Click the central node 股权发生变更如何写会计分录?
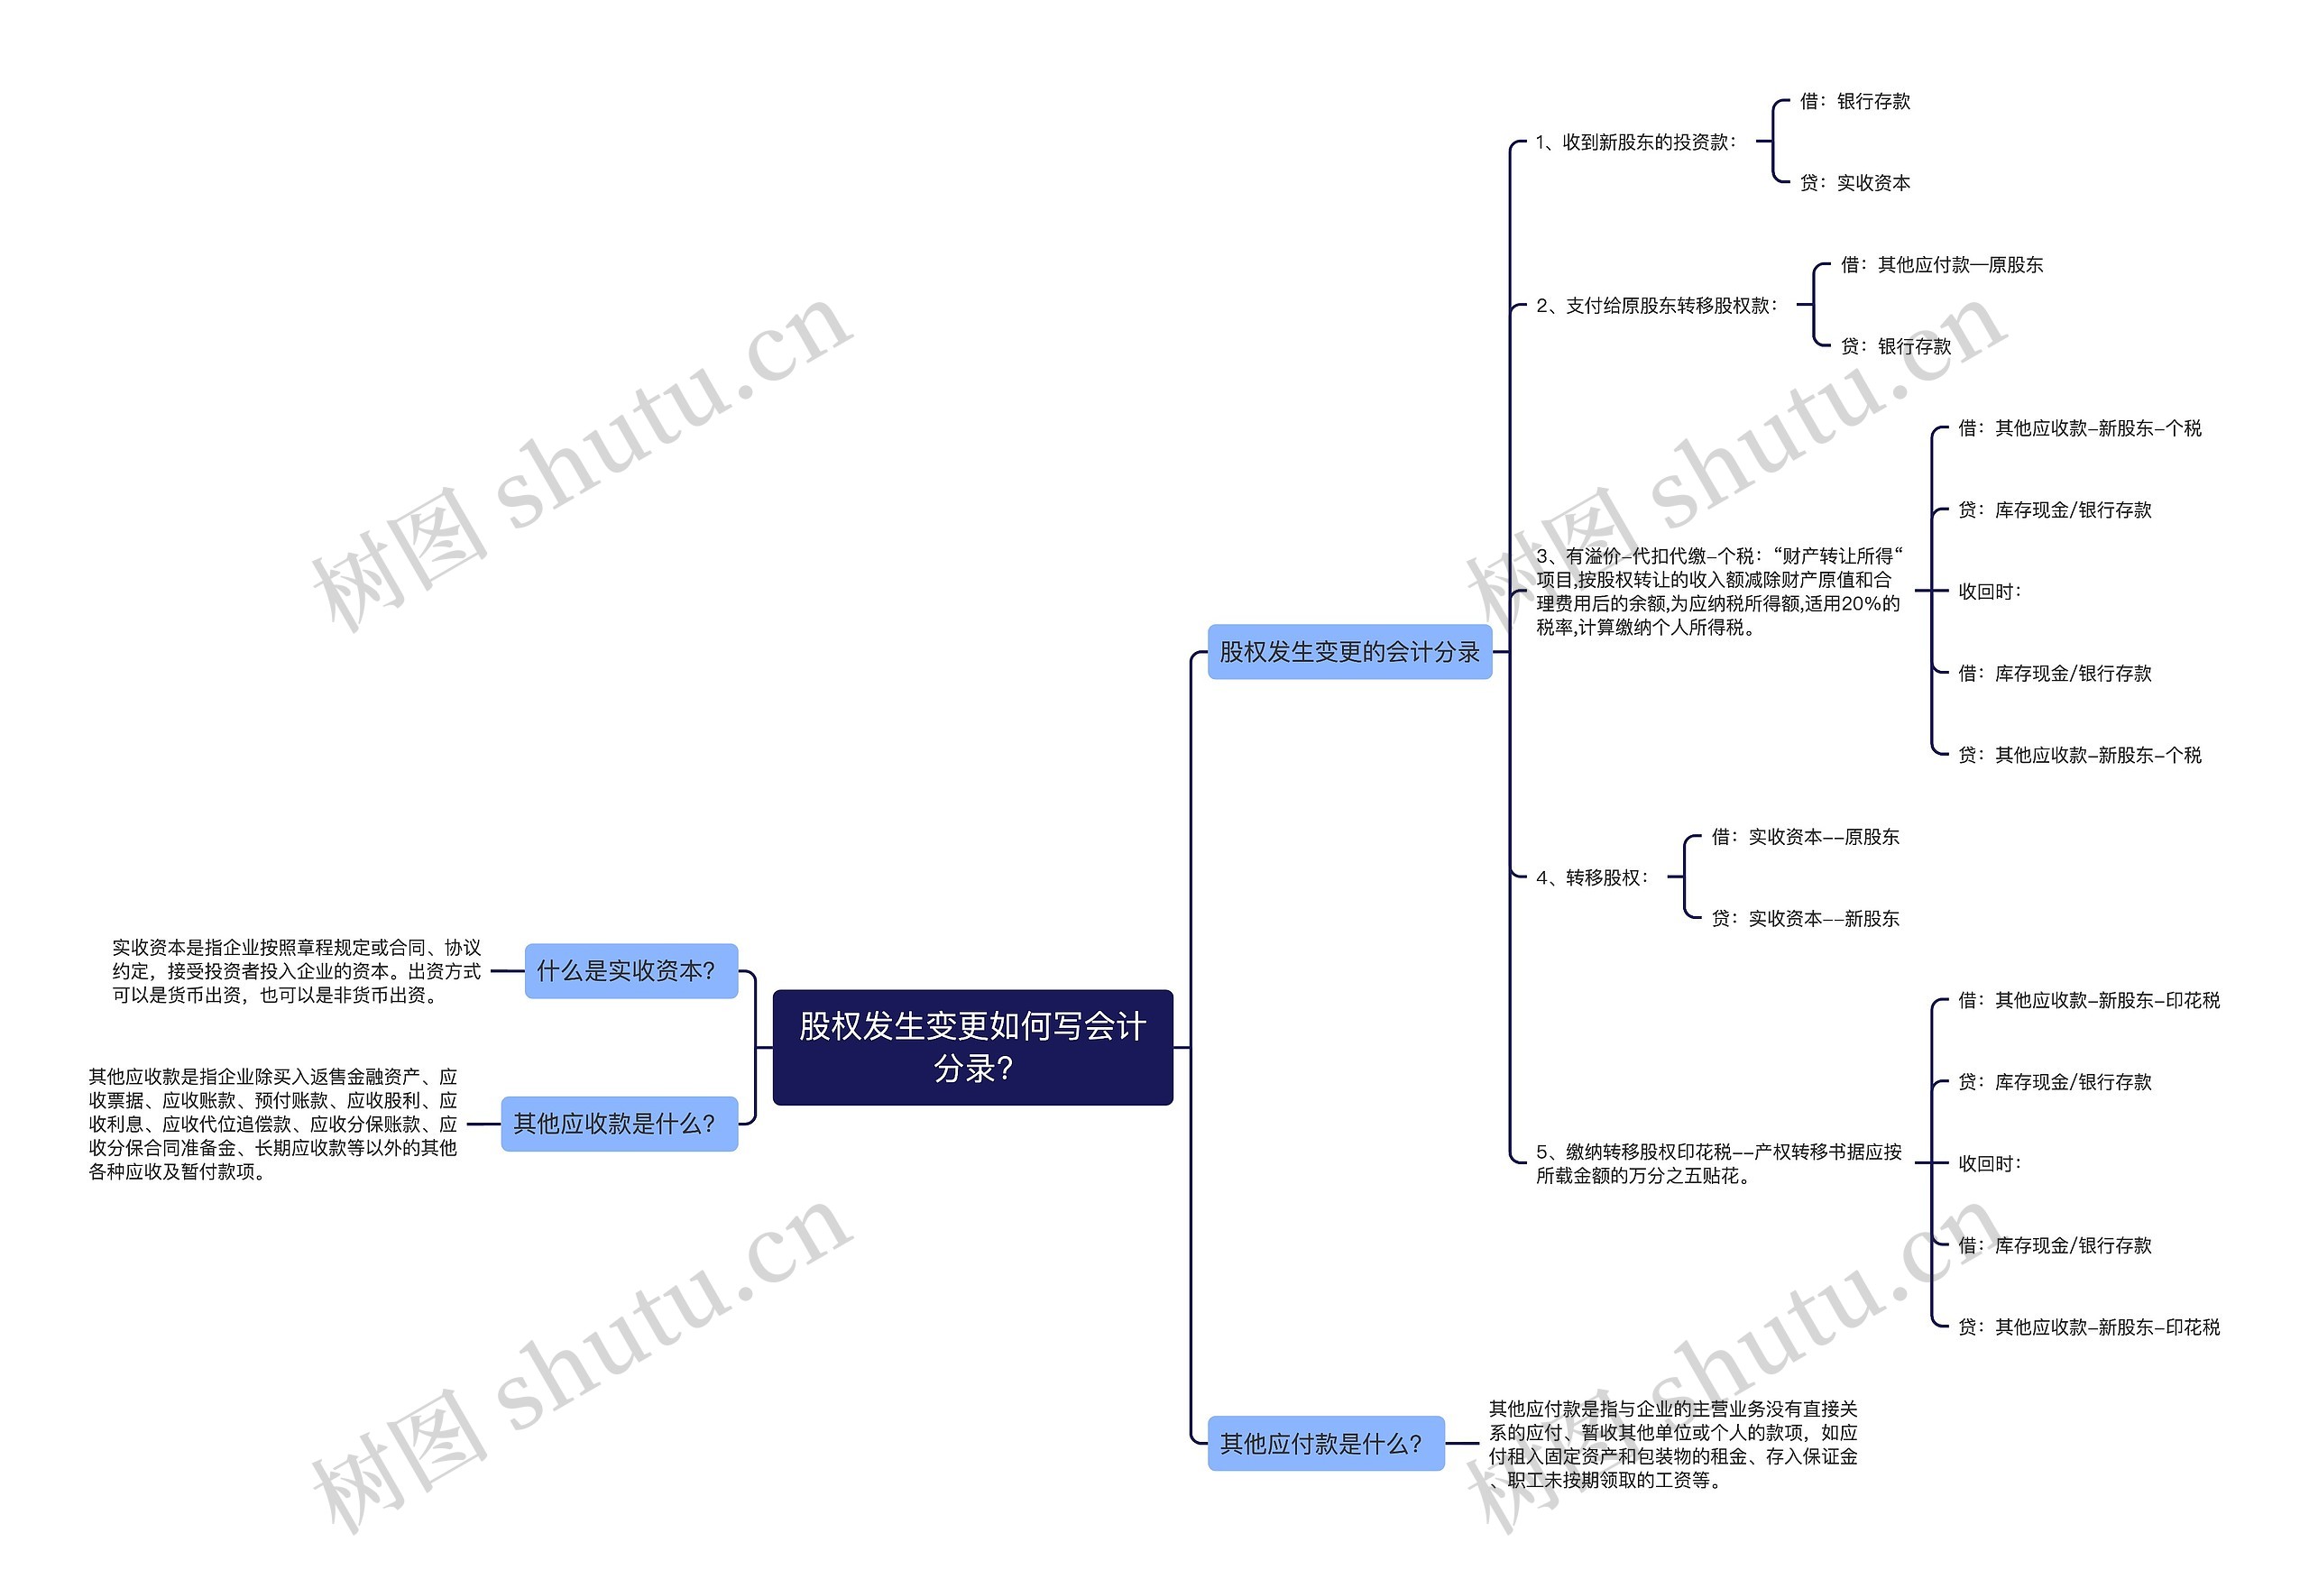[x=971, y=1047]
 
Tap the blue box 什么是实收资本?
[x=630, y=970]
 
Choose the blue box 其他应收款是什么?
[x=618, y=1124]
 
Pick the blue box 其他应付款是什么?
[x=1324, y=1443]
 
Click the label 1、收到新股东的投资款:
[x=1635, y=142]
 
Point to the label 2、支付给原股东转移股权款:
[x=1656, y=306]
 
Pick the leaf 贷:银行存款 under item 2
[x=1895, y=346]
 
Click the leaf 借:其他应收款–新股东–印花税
[x=2087, y=1000]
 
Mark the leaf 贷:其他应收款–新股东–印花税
[x=2087, y=1327]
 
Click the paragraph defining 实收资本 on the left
[x=296, y=971]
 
